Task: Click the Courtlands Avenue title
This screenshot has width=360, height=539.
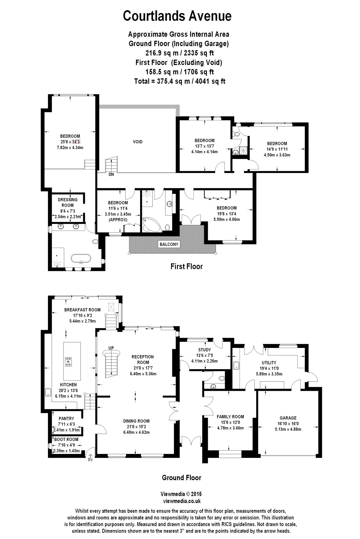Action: click(x=177, y=16)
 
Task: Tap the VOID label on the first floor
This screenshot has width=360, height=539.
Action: click(x=138, y=142)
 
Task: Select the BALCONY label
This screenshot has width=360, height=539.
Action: click(x=169, y=244)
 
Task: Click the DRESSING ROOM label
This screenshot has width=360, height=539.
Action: click(x=68, y=202)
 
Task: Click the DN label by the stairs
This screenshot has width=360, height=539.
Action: click(x=111, y=174)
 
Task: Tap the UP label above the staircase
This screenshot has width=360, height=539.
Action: click(x=111, y=348)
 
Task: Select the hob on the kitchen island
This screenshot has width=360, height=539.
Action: click(x=69, y=362)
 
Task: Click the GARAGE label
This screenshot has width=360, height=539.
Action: click(x=288, y=418)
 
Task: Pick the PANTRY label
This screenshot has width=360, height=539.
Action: click(x=66, y=419)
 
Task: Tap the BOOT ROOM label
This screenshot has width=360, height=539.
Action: click(x=66, y=440)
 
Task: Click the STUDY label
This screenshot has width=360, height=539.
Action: click(x=205, y=350)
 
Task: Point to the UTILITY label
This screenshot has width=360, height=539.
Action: click(x=269, y=363)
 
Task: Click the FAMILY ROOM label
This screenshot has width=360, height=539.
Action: click(x=230, y=417)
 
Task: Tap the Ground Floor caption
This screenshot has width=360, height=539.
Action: click(x=181, y=478)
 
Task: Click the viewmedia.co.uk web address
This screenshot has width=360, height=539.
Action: click(x=182, y=501)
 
